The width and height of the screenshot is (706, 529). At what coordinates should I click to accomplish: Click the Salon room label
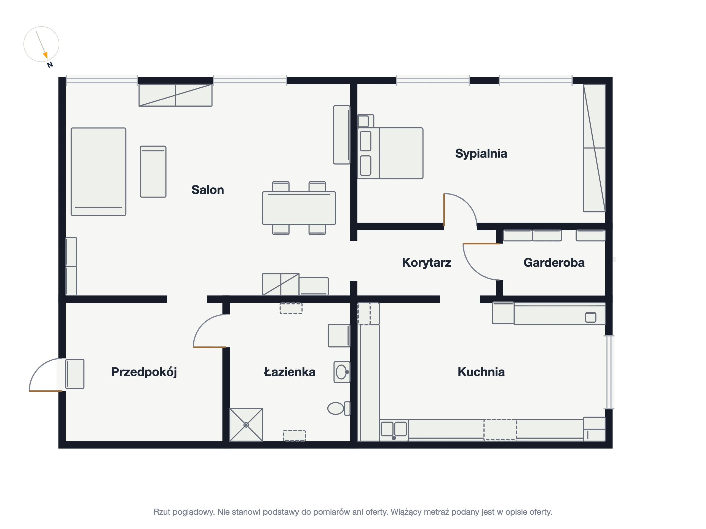tap(207, 190)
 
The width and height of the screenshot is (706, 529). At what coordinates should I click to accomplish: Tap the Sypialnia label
tap(481, 154)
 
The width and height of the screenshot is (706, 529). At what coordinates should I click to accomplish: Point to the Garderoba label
tap(554, 262)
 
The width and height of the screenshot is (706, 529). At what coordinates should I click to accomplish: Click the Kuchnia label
tap(481, 372)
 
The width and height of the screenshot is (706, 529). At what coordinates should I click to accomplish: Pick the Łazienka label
tap(290, 372)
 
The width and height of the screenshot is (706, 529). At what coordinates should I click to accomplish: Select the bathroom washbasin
tap(342, 372)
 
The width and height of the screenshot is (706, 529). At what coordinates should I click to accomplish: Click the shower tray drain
tap(246, 425)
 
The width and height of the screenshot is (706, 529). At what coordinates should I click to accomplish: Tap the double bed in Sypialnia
tap(390, 153)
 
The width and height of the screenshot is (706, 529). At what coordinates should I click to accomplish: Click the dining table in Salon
tap(299, 208)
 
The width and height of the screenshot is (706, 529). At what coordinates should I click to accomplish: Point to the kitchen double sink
tap(394, 430)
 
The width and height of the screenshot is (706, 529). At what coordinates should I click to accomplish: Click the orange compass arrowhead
tap(45, 55)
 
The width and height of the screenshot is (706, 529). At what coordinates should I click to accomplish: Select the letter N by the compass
tap(50, 65)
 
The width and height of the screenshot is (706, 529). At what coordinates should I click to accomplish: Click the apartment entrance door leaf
tap(45, 391)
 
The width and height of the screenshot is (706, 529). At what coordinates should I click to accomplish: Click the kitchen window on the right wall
tap(609, 372)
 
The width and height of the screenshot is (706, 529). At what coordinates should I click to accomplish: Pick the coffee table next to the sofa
tap(153, 172)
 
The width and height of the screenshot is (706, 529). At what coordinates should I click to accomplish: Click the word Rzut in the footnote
tap(162, 512)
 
